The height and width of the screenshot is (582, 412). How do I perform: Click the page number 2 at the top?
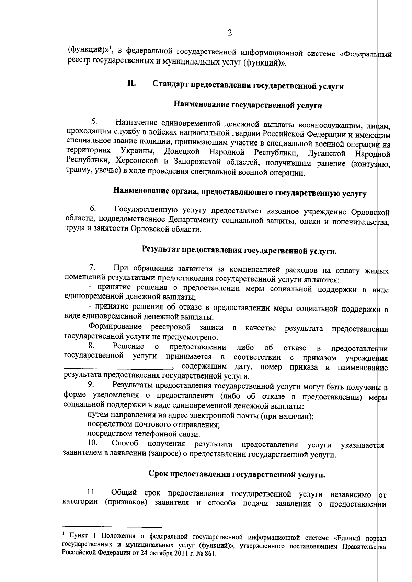pos(230,33)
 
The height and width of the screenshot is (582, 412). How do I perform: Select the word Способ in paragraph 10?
pos(125,444)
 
